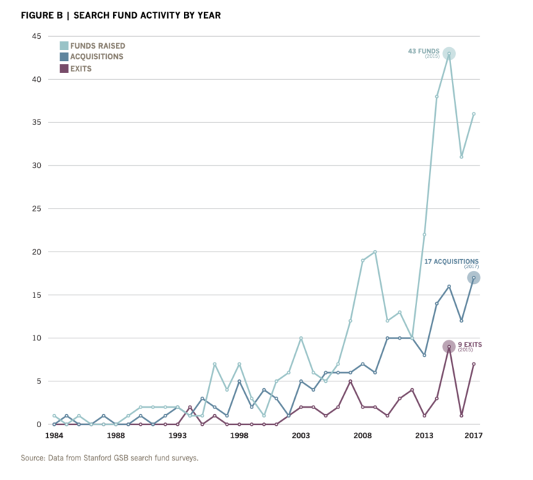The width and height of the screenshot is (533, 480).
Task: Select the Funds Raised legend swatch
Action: (64, 46)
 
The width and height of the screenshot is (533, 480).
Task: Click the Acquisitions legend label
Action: (96, 57)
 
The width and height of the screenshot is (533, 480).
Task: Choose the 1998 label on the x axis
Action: (239, 436)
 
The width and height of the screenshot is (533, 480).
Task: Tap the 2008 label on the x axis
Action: (362, 436)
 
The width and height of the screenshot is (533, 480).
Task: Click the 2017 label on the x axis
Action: (473, 436)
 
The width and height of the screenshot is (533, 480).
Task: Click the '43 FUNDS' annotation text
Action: (423, 51)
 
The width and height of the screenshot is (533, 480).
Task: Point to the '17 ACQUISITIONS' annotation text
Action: (451, 262)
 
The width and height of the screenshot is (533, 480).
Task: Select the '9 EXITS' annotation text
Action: (470, 345)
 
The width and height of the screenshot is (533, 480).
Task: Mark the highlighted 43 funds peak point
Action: (449, 53)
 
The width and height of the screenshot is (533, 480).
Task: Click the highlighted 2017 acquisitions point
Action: (473, 278)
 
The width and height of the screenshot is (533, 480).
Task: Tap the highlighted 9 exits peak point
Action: (449, 347)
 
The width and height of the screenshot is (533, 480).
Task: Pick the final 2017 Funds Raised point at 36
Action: (473, 114)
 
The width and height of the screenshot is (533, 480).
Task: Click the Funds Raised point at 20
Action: (375, 252)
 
